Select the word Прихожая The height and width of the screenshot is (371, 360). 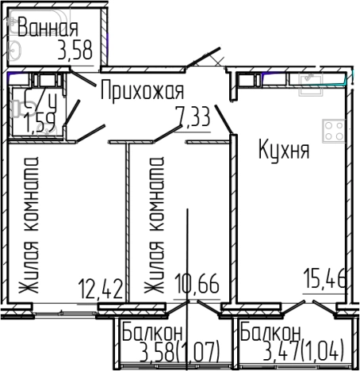[x=143, y=90]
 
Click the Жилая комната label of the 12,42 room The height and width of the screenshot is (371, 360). [x=30, y=227]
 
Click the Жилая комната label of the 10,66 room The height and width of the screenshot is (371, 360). [x=154, y=227]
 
